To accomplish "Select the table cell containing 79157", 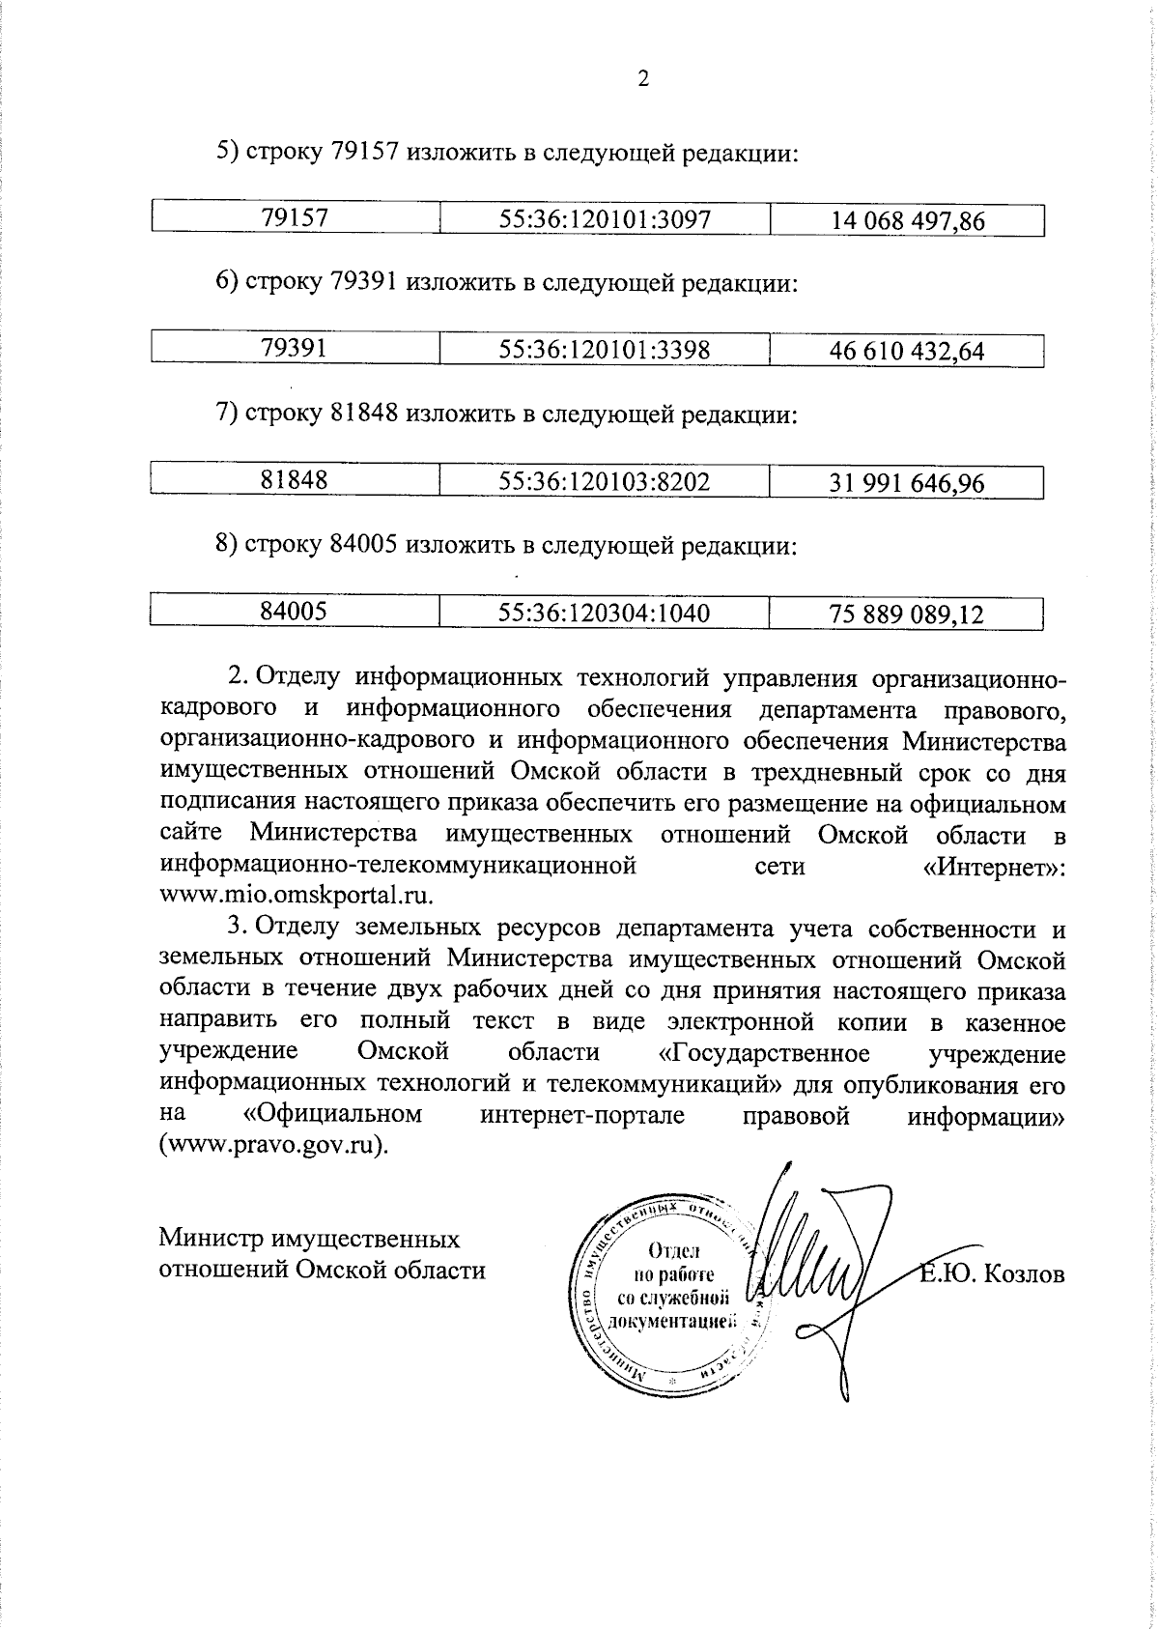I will (x=295, y=218).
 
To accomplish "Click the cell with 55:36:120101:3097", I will (x=605, y=219).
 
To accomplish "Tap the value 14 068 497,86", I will (x=908, y=221).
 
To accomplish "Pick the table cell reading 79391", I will (x=295, y=349).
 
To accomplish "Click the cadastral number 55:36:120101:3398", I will (x=605, y=350).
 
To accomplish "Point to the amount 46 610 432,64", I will (x=908, y=352).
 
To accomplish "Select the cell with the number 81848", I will (x=295, y=480).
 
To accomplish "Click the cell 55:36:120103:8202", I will (x=605, y=481).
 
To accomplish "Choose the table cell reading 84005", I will (x=295, y=611).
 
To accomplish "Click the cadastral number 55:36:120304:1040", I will (x=605, y=613).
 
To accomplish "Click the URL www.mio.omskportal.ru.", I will (x=296, y=894).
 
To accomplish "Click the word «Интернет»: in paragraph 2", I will (x=995, y=866).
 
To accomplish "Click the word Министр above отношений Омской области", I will (x=212, y=1240).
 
